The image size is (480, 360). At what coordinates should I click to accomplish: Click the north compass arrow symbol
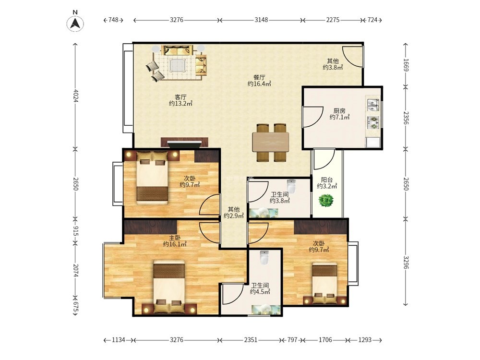[x=75, y=24]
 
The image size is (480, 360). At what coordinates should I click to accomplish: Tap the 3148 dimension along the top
[x=261, y=20]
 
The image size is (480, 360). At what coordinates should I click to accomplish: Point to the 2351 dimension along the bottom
[x=251, y=340]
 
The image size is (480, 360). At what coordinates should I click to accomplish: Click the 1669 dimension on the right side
[x=406, y=65]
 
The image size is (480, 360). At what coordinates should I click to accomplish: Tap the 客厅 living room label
[x=180, y=97]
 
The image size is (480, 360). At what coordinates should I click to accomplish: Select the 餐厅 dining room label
[x=259, y=77]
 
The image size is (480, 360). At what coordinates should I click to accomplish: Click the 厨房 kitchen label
[x=339, y=111]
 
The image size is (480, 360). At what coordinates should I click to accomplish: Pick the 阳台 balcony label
[x=327, y=180]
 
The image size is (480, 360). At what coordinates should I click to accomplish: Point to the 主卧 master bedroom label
[x=175, y=238]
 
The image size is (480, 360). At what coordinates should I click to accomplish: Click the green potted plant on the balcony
[x=326, y=201]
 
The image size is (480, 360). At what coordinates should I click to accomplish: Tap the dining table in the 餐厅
[x=271, y=142]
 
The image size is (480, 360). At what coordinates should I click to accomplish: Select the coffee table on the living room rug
[x=177, y=65]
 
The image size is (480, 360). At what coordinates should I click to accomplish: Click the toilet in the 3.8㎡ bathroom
[x=291, y=186]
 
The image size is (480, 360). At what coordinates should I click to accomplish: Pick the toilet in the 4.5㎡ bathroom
[x=264, y=258]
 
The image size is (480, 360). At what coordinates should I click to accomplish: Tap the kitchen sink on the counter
[x=373, y=104]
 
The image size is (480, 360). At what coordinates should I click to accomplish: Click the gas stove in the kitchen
[x=373, y=122]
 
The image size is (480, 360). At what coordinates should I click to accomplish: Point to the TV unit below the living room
[x=184, y=143]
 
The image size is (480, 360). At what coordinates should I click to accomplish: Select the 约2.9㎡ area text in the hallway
[x=234, y=216]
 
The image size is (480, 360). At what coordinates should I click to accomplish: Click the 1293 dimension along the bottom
[x=365, y=340]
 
